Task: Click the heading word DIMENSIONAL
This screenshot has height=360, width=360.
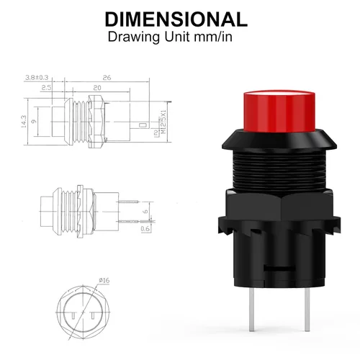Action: click(x=176, y=19)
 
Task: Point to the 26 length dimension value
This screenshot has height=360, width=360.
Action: click(x=106, y=76)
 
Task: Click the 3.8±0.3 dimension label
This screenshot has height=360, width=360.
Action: click(x=35, y=76)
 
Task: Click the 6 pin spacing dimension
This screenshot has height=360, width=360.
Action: click(x=145, y=212)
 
